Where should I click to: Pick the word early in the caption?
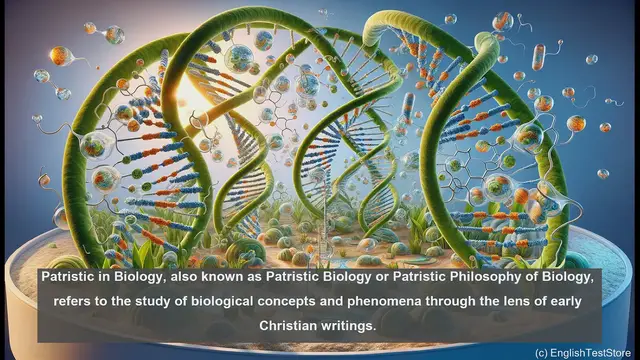coord(582,301)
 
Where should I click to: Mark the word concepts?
coord(299,301)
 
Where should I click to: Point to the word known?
coord(233,276)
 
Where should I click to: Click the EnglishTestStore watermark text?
coord(591,352)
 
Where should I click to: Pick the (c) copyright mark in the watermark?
coord(541,352)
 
